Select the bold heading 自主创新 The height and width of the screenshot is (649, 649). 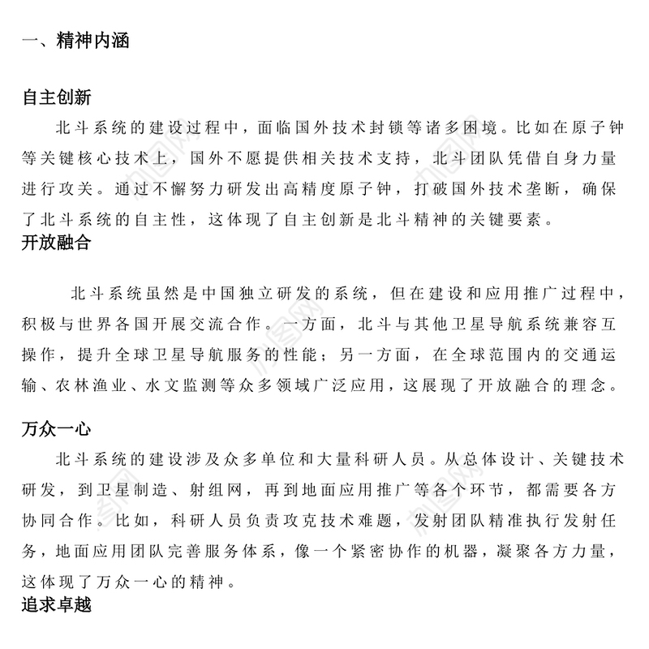point(56,98)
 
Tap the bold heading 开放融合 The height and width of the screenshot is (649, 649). point(56,246)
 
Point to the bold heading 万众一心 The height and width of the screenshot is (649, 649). point(56,430)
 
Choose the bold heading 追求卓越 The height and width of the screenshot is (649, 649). point(56,604)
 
